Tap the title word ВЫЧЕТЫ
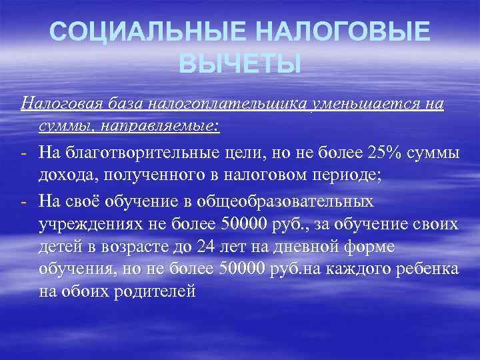coord(240,65)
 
